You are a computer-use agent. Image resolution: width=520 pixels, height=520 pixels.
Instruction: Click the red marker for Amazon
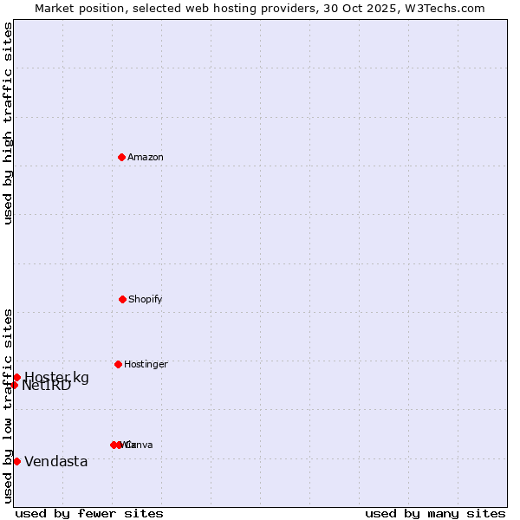[x=121, y=157]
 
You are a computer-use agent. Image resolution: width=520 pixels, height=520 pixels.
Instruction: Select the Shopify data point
[x=122, y=299]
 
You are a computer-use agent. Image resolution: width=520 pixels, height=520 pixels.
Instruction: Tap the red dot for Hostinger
[x=118, y=364]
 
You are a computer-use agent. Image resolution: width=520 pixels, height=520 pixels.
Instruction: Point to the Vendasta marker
[x=16, y=461]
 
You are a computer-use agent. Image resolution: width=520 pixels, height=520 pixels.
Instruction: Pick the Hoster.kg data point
[x=16, y=377]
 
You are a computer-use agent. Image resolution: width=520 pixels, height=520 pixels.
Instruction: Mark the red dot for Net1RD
[x=14, y=385]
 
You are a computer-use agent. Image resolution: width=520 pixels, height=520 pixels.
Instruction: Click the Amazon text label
[x=146, y=157]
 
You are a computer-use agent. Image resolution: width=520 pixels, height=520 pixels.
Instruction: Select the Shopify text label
[x=146, y=299]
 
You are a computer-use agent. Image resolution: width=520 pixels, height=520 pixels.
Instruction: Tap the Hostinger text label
[x=146, y=364]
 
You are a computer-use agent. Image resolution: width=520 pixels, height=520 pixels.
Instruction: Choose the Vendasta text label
[x=56, y=461]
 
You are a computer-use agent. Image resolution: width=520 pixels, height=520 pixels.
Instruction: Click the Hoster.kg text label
[x=56, y=376]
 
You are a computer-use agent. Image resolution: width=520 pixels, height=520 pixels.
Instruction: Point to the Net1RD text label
[x=48, y=387]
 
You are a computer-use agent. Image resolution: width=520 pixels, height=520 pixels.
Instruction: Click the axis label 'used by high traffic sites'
[x=8, y=123]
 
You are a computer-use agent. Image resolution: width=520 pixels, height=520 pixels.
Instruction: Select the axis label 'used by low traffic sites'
[x=8, y=406]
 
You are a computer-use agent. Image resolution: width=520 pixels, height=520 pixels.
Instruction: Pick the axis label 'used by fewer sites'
[x=89, y=513]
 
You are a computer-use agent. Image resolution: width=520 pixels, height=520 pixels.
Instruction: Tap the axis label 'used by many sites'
[x=435, y=513]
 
